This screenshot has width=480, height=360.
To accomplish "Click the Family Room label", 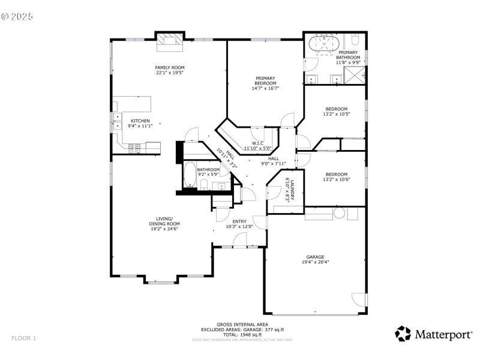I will click(170, 67).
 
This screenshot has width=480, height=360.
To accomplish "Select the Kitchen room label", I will click(140, 121).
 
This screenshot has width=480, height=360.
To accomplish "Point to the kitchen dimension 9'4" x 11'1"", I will click(140, 126).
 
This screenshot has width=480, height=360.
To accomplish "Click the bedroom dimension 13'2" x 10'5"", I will click(336, 114).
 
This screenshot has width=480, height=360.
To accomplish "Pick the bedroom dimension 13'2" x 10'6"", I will click(336, 179).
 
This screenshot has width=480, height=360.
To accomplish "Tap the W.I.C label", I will click(257, 143).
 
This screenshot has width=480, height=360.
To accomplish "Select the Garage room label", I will click(316, 256).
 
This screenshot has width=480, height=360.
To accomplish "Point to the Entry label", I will click(239, 221).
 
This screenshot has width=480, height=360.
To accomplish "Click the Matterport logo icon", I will click(403, 334).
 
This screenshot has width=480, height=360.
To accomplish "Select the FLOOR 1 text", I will click(24, 338).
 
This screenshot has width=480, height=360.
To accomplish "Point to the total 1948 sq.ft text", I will click(242, 334).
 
